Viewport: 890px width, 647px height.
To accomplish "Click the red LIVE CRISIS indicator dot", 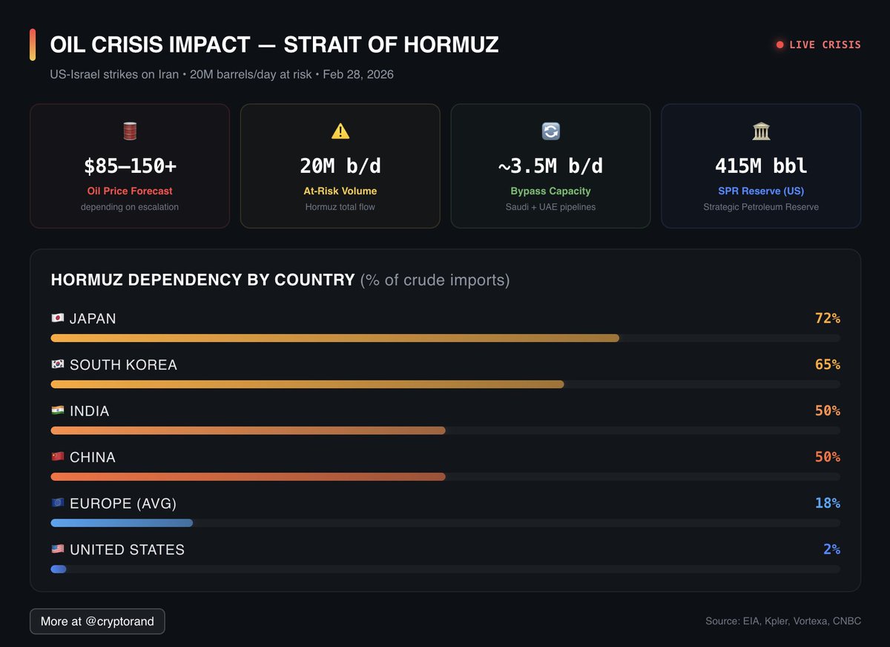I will coord(779,45).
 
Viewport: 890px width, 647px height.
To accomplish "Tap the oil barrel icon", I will coord(130,131).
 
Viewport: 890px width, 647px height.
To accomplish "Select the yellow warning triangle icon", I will coord(340,131).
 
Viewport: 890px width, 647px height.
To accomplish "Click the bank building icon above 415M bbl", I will coord(761,131).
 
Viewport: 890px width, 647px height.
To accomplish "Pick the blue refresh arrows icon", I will coord(550,131).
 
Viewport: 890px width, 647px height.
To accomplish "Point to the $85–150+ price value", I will coord(130,166).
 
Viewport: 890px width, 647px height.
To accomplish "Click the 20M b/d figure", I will coord(340,166).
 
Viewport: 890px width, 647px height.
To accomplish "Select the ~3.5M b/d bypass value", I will coord(550,166).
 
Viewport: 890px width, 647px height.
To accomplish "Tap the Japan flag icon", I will coord(58,318).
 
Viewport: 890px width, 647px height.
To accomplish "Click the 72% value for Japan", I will coord(827,318).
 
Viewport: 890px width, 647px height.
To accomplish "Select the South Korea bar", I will coord(307,384).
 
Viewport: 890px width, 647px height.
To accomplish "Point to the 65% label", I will coord(827,365).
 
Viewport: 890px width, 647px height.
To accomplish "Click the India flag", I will coord(58,411).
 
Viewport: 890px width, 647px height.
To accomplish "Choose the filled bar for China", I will coord(248,476).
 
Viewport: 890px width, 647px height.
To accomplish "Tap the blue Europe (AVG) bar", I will coord(122,522).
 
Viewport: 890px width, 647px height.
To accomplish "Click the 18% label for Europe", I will coord(827,503).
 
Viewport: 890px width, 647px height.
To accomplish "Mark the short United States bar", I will coord(59,569).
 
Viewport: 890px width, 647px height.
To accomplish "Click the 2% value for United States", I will coord(831,550).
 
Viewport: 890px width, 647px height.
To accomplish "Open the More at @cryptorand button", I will coord(97,621).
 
